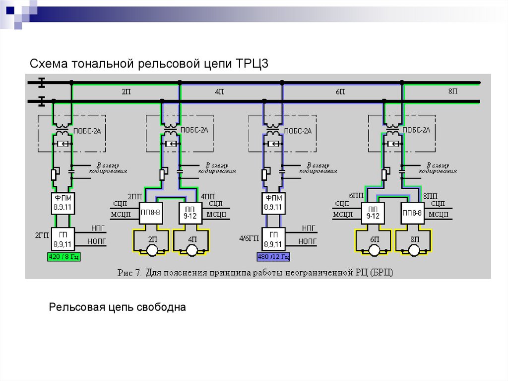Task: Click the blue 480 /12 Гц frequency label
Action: pyautogui.click(x=273, y=257)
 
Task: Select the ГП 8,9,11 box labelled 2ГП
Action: pyautogui.click(x=63, y=239)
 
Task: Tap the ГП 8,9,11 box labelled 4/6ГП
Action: pyautogui.click(x=273, y=239)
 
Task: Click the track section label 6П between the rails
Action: pyautogui.click(x=340, y=92)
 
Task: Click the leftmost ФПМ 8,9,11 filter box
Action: pyautogui.click(x=63, y=203)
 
